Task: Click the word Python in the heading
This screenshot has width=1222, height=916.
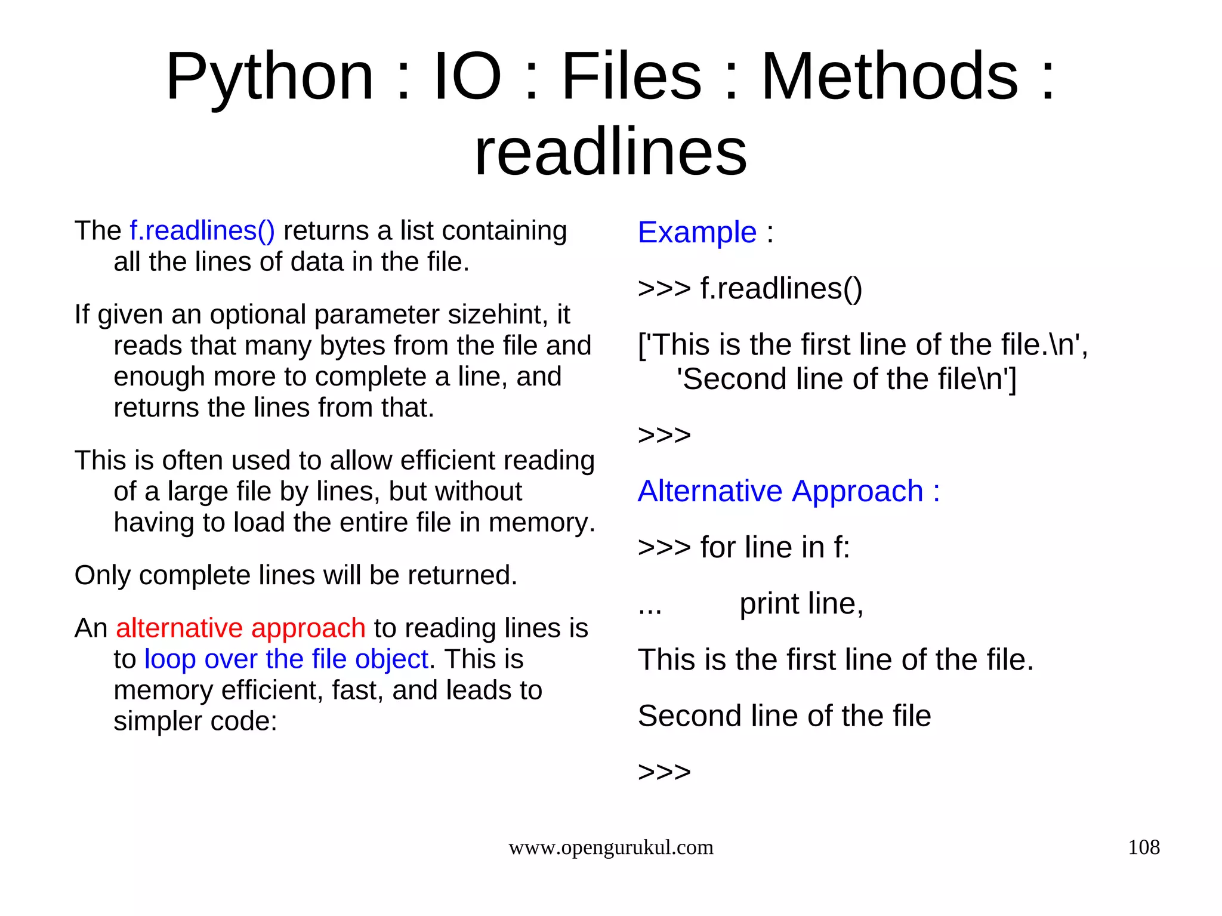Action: click(270, 78)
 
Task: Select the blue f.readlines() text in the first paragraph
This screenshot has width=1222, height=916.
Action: click(202, 231)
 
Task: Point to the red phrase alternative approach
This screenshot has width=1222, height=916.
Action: click(240, 628)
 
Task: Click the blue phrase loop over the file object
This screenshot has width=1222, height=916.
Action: click(286, 659)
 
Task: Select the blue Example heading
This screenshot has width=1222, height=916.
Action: click(697, 232)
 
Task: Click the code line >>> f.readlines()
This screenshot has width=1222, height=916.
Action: click(750, 289)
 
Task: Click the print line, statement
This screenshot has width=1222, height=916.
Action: click(801, 604)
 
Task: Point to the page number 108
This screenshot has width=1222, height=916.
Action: click(1143, 847)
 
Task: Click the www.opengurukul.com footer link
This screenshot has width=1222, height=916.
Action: click(610, 847)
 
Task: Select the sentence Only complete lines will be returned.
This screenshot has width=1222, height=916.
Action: click(295, 575)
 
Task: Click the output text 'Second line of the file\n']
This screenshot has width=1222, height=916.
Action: click(845, 380)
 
